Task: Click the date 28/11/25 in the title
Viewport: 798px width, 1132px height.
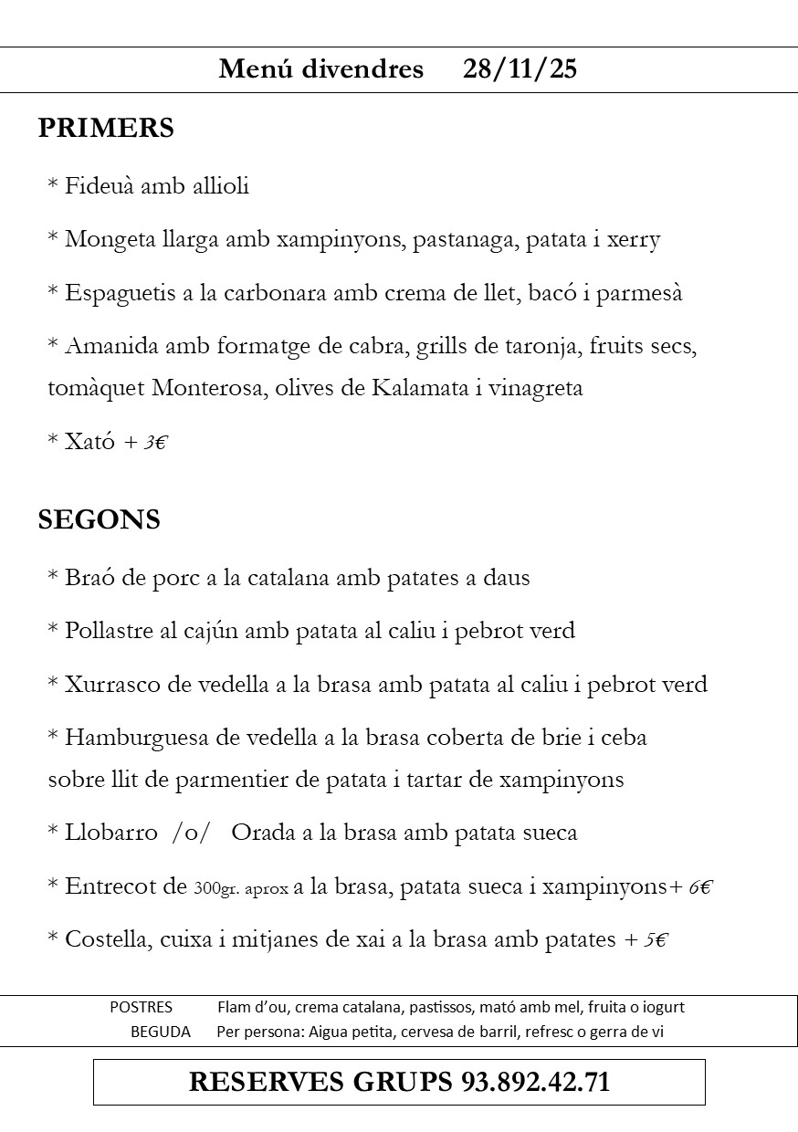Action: pos(520,69)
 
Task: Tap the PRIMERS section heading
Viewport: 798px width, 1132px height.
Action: pos(106,128)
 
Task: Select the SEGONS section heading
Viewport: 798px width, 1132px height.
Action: pos(99,519)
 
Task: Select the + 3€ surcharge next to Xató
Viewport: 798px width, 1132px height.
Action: pos(146,443)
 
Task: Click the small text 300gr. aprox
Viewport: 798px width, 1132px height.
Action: pos(241,887)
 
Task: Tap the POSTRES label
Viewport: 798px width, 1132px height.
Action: pos(141,1008)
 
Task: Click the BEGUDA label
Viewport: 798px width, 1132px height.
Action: pos(161,1032)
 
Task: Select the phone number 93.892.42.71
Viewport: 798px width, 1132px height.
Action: pos(535,1082)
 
